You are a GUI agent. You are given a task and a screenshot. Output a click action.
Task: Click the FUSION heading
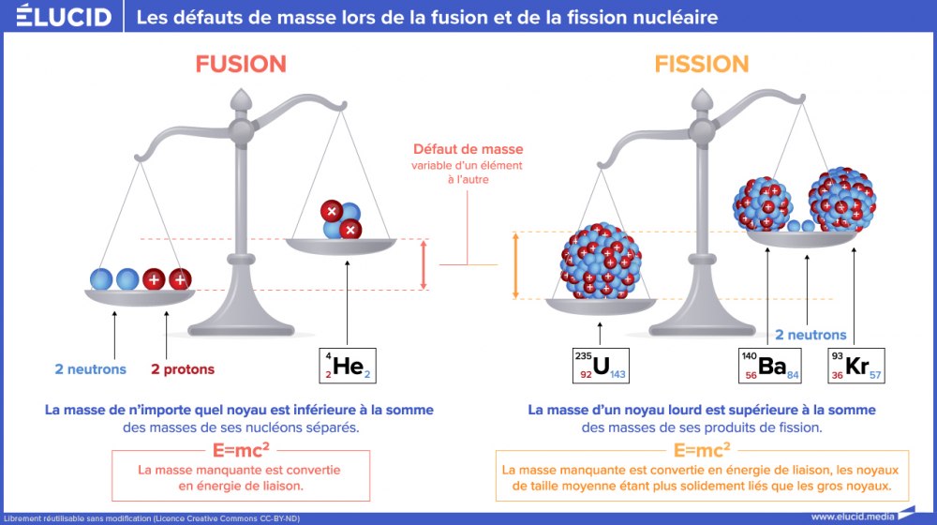[241, 64]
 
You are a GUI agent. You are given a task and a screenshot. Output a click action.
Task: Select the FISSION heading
[702, 64]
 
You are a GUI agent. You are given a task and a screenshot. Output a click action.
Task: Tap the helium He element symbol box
[349, 367]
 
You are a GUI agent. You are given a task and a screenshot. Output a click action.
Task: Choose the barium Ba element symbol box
[771, 366]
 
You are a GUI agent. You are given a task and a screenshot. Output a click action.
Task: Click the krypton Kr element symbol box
[855, 366]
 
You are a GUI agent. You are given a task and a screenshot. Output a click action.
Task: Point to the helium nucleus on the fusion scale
[339, 219]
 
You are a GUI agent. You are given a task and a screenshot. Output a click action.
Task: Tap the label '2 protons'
[183, 369]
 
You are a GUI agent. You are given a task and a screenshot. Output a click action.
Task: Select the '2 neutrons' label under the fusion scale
[90, 369]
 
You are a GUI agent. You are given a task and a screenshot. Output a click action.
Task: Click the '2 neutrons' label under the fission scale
[810, 335]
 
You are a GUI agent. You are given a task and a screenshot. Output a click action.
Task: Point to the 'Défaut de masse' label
[468, 149]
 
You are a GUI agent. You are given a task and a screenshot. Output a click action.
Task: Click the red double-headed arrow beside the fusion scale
[424, 264]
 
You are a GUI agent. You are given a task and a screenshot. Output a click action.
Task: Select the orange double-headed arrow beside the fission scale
[514, 265]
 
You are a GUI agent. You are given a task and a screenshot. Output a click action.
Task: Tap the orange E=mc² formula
[702, 449]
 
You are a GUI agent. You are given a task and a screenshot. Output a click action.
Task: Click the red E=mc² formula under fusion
[239, 449]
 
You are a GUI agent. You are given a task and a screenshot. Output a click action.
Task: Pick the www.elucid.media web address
[853, 516]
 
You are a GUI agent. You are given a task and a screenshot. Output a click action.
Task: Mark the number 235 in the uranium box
[584, 356]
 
